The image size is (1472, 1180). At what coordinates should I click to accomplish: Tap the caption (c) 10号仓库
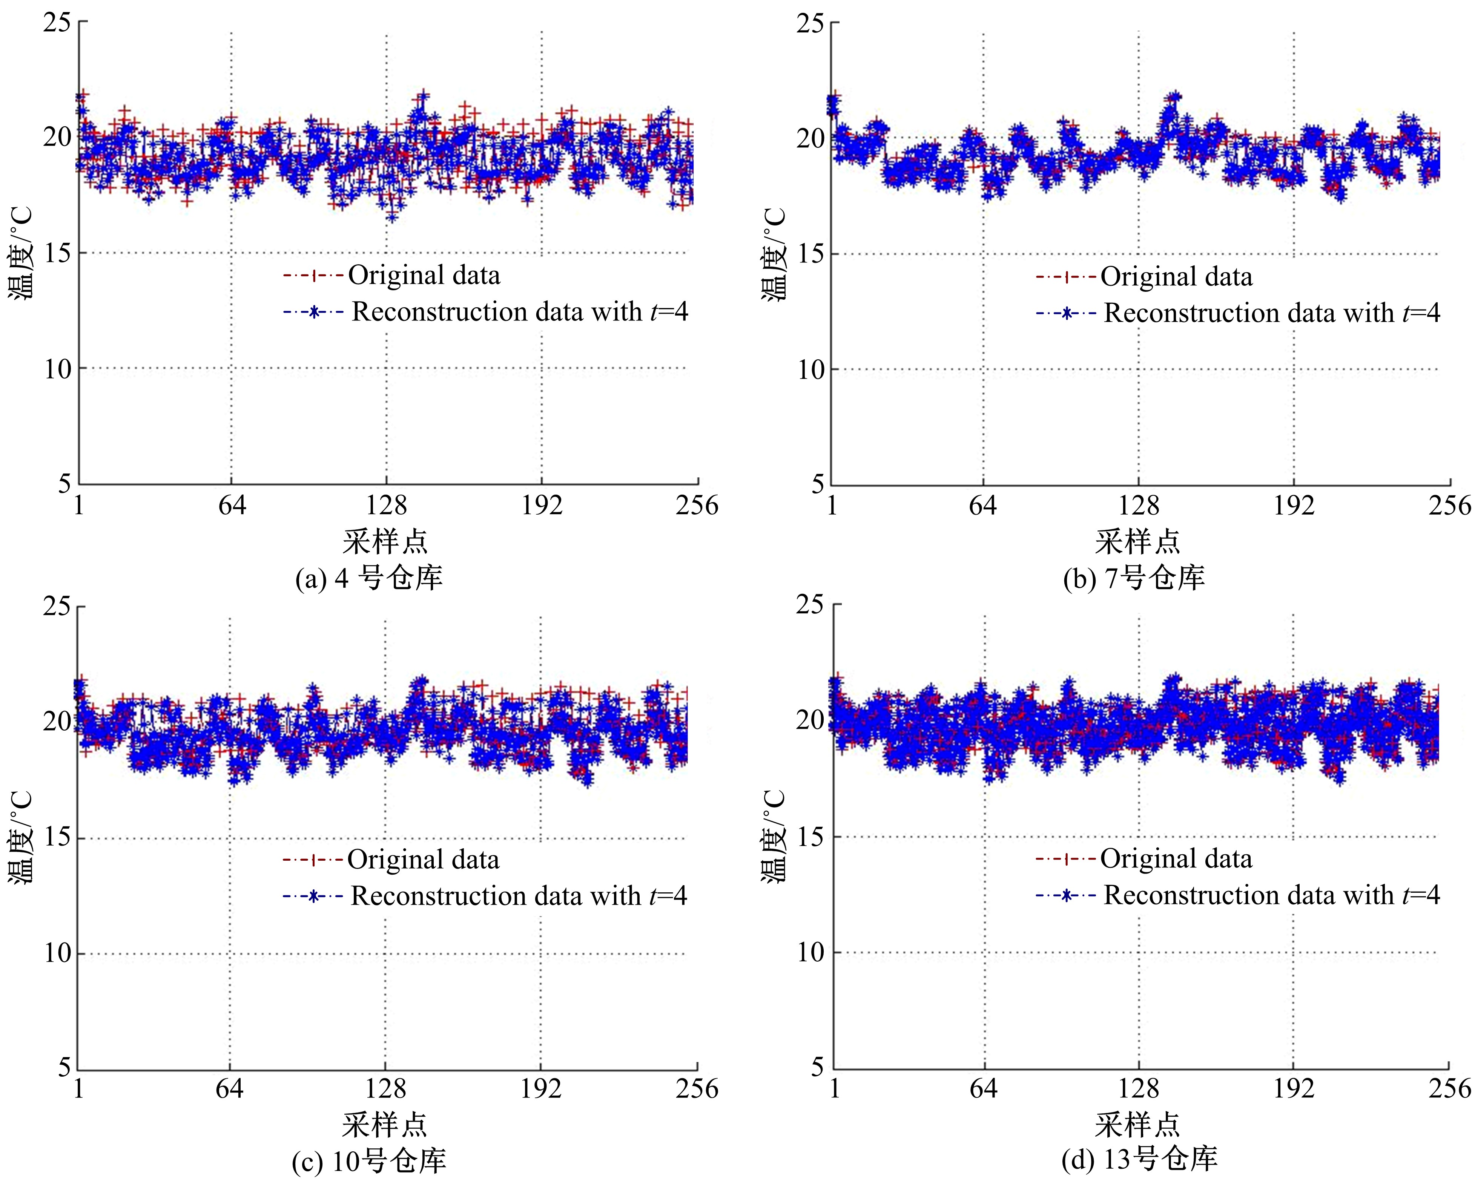(x=369, y=1161)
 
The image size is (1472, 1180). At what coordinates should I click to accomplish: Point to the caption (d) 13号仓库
(x=1139, y=1159)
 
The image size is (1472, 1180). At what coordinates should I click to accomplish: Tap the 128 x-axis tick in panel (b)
(x=1138, y=506)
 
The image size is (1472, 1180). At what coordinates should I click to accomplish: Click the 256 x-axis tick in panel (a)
(x=697, y=506)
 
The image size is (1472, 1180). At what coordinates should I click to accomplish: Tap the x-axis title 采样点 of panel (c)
(x=384, y=1124)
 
